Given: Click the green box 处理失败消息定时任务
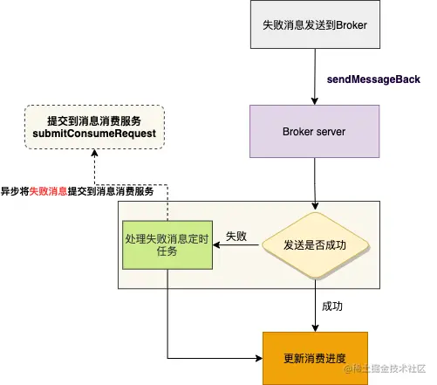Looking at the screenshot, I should (x=168, y=244).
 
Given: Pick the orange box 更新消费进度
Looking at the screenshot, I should (x=316, y=359).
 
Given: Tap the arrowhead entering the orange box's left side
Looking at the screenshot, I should (x=257, y=359).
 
